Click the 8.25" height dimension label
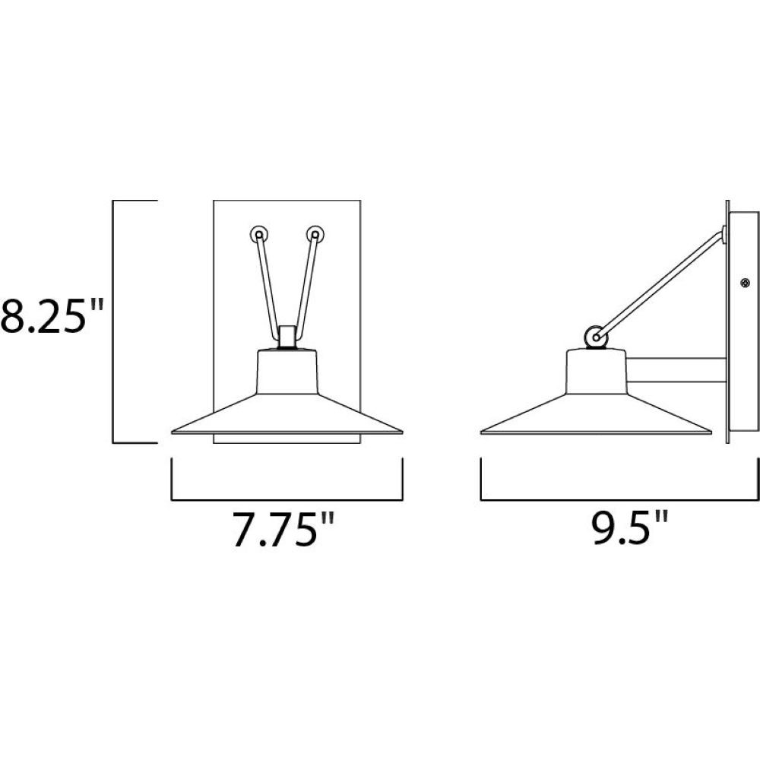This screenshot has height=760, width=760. coord(52,315)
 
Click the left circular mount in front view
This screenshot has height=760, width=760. coord(259,235)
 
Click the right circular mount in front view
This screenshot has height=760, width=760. coord(315,235)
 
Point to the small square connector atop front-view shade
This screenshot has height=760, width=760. coord(287,337)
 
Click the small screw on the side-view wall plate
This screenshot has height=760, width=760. coord(744,283)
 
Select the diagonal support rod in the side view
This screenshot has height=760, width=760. coord(660,283)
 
